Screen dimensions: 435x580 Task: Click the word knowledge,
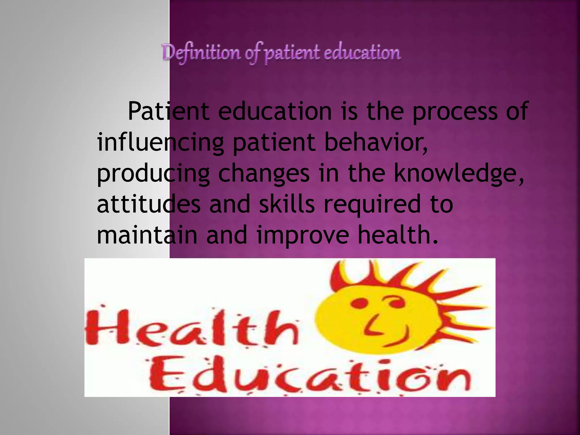point(459,174)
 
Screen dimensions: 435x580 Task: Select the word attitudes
point(149,204)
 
